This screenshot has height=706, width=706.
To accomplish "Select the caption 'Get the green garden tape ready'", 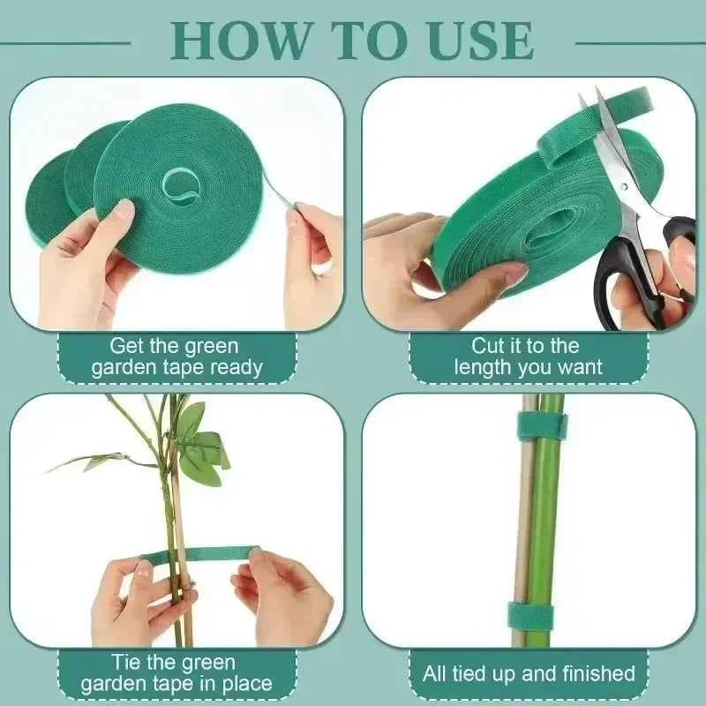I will click(176, 357).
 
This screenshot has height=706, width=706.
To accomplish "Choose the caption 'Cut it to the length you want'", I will click(528, 357).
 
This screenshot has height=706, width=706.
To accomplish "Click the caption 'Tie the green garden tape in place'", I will click(176, 672).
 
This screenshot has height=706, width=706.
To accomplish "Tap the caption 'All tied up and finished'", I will click(529, 674).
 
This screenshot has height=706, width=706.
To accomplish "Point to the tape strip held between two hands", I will click(199, 558).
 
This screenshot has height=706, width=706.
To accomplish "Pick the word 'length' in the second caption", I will click(484, 367).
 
